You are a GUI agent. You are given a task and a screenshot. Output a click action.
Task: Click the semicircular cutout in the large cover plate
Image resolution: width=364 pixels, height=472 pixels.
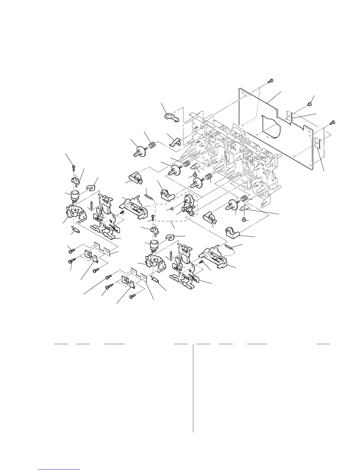(x=272, y=125)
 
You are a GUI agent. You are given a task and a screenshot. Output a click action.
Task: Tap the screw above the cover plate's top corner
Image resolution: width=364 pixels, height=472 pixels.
(x=271, y=81)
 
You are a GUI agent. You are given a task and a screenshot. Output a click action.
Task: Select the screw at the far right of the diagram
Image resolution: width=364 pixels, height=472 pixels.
(x=333, y=122)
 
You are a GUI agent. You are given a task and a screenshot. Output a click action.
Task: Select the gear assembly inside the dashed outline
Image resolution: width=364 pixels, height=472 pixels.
(x=189, y=204)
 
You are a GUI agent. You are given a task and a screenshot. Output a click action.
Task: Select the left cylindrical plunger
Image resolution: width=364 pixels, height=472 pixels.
(x=75, y=196)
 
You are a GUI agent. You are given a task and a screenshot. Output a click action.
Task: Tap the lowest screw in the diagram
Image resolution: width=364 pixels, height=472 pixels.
(x=133, y=296)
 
